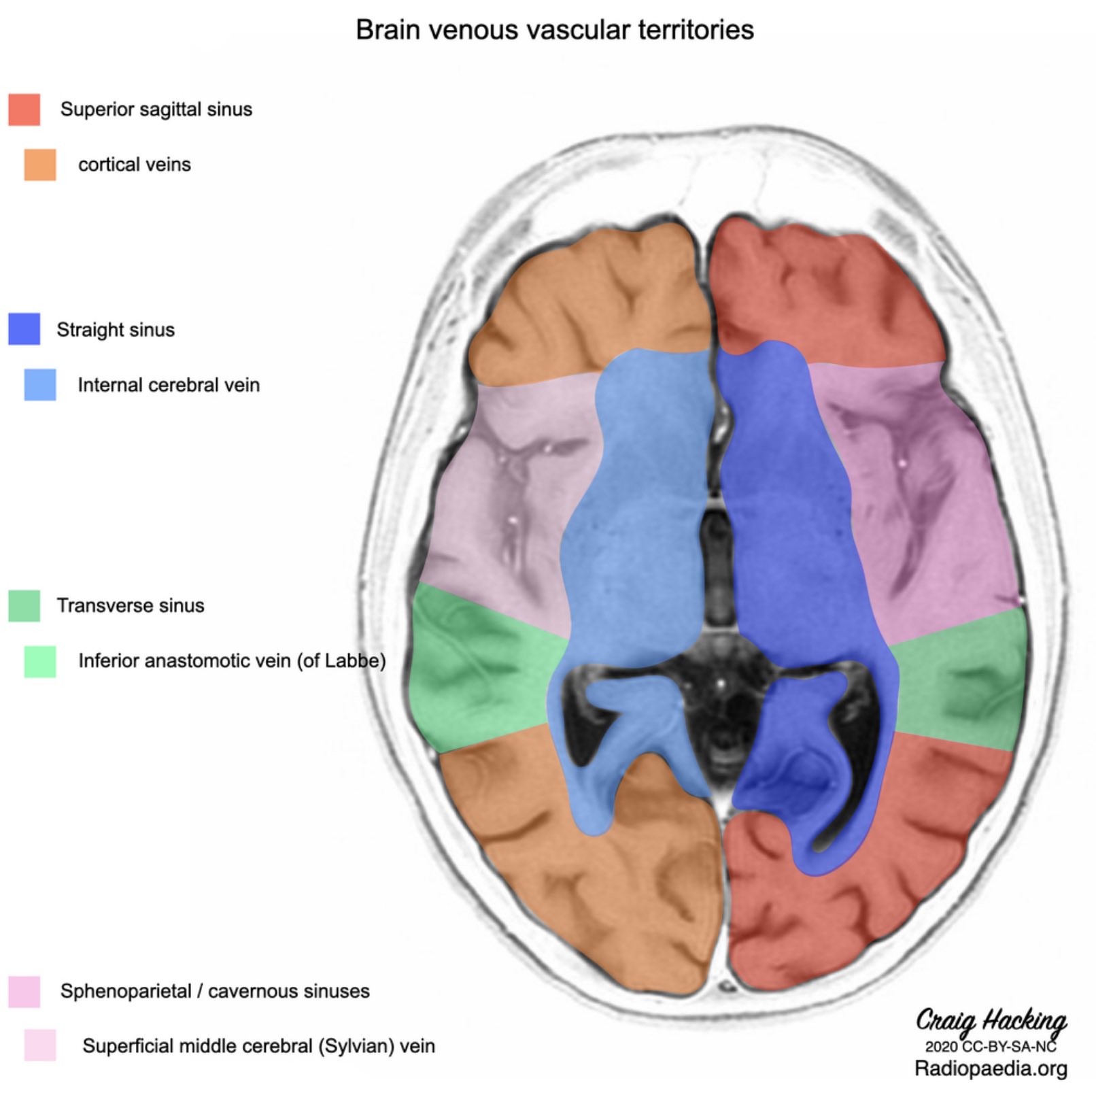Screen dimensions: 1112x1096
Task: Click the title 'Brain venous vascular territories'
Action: [x=555, y=31]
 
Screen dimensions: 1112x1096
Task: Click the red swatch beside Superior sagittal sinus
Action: [x=24, y=109]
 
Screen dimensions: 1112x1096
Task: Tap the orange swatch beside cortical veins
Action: [x=40, y=165]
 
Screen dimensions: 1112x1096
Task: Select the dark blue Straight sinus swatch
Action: [x=24, y=329]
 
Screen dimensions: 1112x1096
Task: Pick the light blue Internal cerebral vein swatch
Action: [x=40, y=385]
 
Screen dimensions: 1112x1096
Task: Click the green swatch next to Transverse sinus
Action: [x=24, y=605]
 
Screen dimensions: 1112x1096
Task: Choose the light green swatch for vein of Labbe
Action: [x=40, y=661]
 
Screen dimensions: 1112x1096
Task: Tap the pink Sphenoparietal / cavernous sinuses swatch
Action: [x=24, y=991]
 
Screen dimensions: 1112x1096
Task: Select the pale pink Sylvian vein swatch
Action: [x=40, y=1045]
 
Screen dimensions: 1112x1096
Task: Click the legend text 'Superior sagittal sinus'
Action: [x=156, y=109]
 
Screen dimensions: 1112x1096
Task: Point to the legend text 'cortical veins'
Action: [x=135, y=165]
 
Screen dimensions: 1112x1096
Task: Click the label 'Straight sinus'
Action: [x=116, y=330]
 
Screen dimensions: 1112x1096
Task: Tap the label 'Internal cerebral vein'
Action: [x=169, y=385]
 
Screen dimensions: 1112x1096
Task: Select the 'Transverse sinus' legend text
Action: [x=131, y=605]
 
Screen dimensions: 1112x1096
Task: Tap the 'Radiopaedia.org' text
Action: [x=991, y=1068]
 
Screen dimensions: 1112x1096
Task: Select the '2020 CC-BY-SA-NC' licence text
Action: [x=991, y=1046]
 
